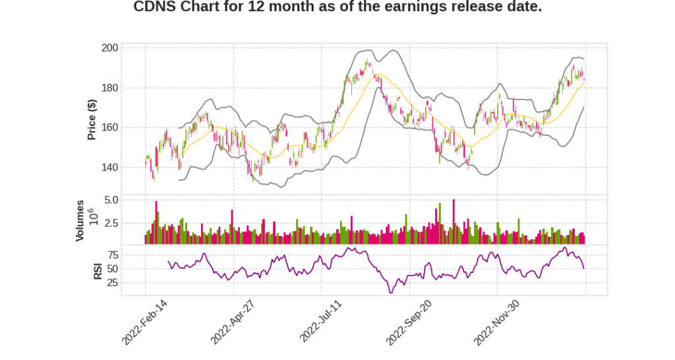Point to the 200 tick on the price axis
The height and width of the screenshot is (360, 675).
tap(109, 48)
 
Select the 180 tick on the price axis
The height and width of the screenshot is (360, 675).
tap(109, 88)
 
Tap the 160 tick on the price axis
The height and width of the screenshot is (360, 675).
tap(109, 127)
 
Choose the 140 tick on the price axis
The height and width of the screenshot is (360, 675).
tap(109, 167)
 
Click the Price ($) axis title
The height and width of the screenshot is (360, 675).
tap(92, 119)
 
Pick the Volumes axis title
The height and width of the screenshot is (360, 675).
tap(80, 220)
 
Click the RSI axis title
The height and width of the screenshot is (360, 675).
tap(98, 270)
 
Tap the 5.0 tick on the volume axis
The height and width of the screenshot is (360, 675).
tap(111, 200)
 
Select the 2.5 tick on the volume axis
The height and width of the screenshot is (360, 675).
tap(111, 224)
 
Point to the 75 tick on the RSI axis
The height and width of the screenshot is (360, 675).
tap(113, 255)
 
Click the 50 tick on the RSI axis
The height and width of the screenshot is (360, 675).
tap(113, 269)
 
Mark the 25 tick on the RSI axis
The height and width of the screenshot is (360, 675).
tap(113, 283)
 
